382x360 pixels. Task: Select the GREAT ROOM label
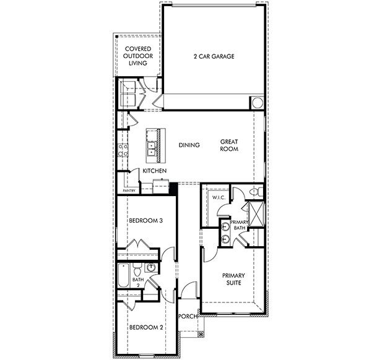point(229,145)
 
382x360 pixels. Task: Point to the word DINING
point(189,145)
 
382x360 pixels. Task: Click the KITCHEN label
point(154,170)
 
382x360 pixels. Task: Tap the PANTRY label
point(129,191)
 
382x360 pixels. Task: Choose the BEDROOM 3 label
point(145,221)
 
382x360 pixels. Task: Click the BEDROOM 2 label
point(145,327)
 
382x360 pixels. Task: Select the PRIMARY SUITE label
point(232,279)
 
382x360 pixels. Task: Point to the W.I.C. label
point(217,198)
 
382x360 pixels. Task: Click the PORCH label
point(188,316)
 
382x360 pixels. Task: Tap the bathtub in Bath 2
point(123,276)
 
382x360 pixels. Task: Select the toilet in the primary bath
point(254,193)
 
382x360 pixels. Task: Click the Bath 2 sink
point(150,268)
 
